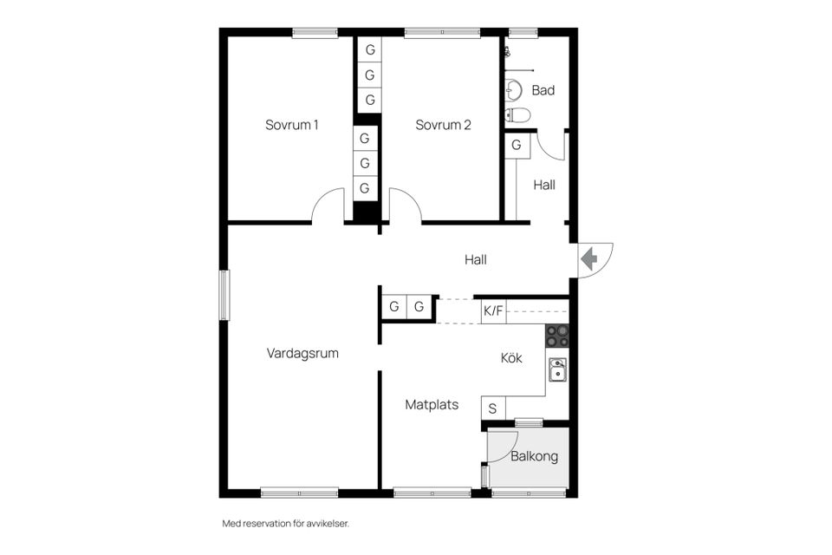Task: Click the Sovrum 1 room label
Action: coord(291,125)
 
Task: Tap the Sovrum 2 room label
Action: coord(443,125)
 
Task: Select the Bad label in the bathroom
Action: coord(543,90)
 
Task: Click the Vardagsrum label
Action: coord(302,354)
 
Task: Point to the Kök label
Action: coord(511,358)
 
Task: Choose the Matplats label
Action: coord(432,404)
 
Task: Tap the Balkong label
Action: coord(534,456)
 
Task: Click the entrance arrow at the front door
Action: coord(589,258)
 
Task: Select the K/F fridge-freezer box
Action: coord(493,310)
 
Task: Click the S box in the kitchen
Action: coord(493,408)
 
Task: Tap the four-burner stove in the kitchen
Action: coord(557,336)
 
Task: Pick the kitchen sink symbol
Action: coord(557,370)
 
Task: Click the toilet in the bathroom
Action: coord(517,114)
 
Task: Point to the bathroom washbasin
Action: coord(513,88)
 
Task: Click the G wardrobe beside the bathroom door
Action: coord(517,146)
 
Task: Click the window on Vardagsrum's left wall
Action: coord(224,295)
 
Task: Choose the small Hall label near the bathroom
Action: coord(544,185)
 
